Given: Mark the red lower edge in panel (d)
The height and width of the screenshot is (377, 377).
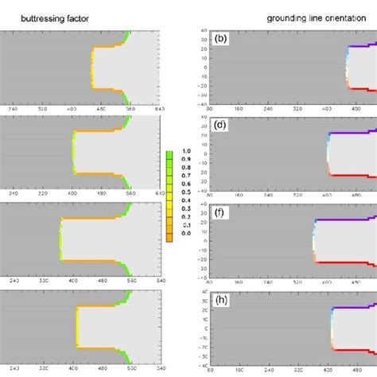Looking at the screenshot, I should [x=354, y=175].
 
